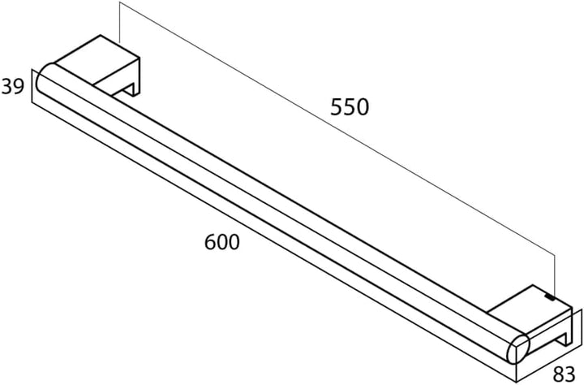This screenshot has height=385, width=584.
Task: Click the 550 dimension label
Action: tap(350, 106)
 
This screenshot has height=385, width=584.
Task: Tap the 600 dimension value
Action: tap(222, 242)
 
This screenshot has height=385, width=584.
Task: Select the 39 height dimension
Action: tap(13, 86)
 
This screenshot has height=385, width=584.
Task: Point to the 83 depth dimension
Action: tap(565, 374)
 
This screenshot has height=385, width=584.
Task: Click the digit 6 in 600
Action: tap(210, 242)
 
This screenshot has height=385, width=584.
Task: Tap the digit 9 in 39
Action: tap(19, 86)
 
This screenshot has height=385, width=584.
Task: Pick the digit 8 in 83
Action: tap(559, 374)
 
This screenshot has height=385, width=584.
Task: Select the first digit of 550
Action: tap(337, 106)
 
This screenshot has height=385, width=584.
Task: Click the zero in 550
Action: tap(363, 106)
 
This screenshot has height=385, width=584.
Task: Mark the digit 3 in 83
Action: tap(571, 374)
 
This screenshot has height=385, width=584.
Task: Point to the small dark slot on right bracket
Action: tap(550, 297)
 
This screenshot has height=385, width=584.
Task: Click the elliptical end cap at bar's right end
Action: tap(518, 348)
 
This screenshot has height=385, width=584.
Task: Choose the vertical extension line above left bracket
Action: tap(119, 23)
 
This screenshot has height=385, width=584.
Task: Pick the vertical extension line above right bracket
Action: tap(555, 276)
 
